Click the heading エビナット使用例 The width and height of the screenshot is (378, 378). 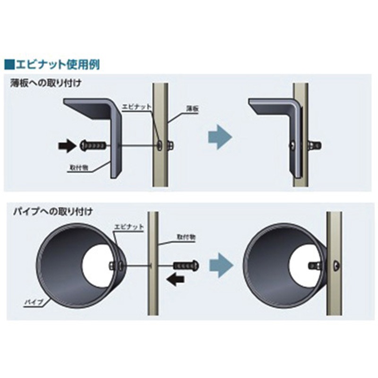58,65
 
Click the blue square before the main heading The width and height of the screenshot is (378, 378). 9,65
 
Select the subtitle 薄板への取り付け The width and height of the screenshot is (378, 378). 46,83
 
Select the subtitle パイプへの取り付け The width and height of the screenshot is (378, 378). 53,212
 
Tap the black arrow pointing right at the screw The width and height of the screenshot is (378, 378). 67,146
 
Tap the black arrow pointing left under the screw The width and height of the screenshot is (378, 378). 175,279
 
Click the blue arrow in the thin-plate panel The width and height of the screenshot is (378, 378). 220,137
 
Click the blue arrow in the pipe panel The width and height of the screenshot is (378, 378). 221,265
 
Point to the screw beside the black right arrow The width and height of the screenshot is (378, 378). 93,146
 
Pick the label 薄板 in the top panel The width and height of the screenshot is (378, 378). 192,109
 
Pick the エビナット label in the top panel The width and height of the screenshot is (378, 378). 136,107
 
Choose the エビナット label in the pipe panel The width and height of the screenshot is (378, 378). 129,227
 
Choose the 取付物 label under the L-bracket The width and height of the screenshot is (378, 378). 78,167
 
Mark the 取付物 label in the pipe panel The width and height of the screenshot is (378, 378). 186,237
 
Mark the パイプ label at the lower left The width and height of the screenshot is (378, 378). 34,302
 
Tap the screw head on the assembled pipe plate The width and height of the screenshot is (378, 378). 336,266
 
